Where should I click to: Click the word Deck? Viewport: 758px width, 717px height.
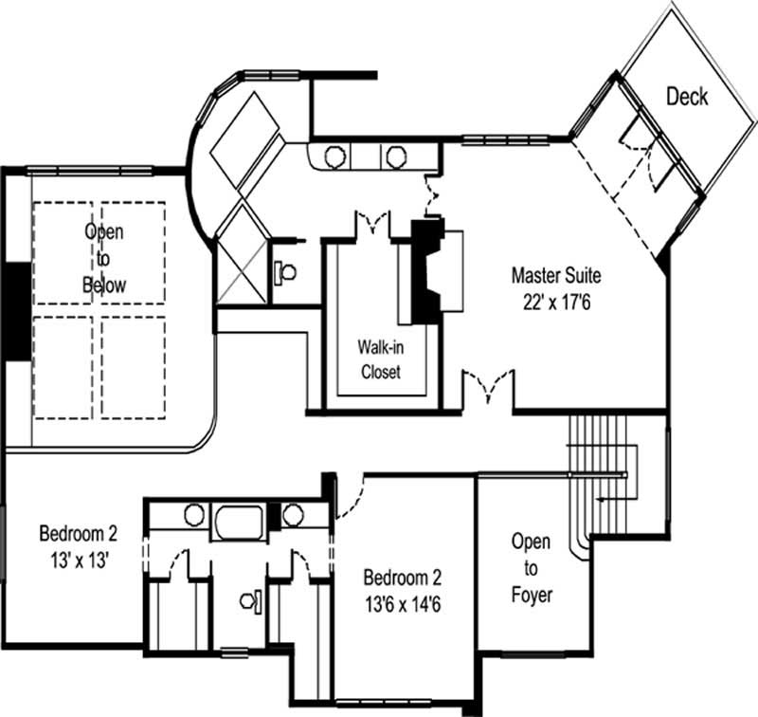click(687, 96)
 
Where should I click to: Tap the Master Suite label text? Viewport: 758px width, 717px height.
click(556, 276)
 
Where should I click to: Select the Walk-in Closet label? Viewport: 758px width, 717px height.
click(379, 358)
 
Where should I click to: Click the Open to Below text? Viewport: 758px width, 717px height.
click(104, 257)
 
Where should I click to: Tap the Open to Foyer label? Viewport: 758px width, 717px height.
click(531, 568)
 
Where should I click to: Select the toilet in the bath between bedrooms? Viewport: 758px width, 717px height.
click(249, 599)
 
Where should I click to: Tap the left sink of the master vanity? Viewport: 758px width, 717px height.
click(334, 156)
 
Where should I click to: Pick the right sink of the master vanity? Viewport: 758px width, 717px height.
click(393, 156)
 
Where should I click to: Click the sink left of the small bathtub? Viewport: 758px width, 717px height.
click(193, 515)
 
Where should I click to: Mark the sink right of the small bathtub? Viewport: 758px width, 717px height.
click(293, 516)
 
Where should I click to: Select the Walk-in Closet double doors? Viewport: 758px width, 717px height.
click(370, 225)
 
